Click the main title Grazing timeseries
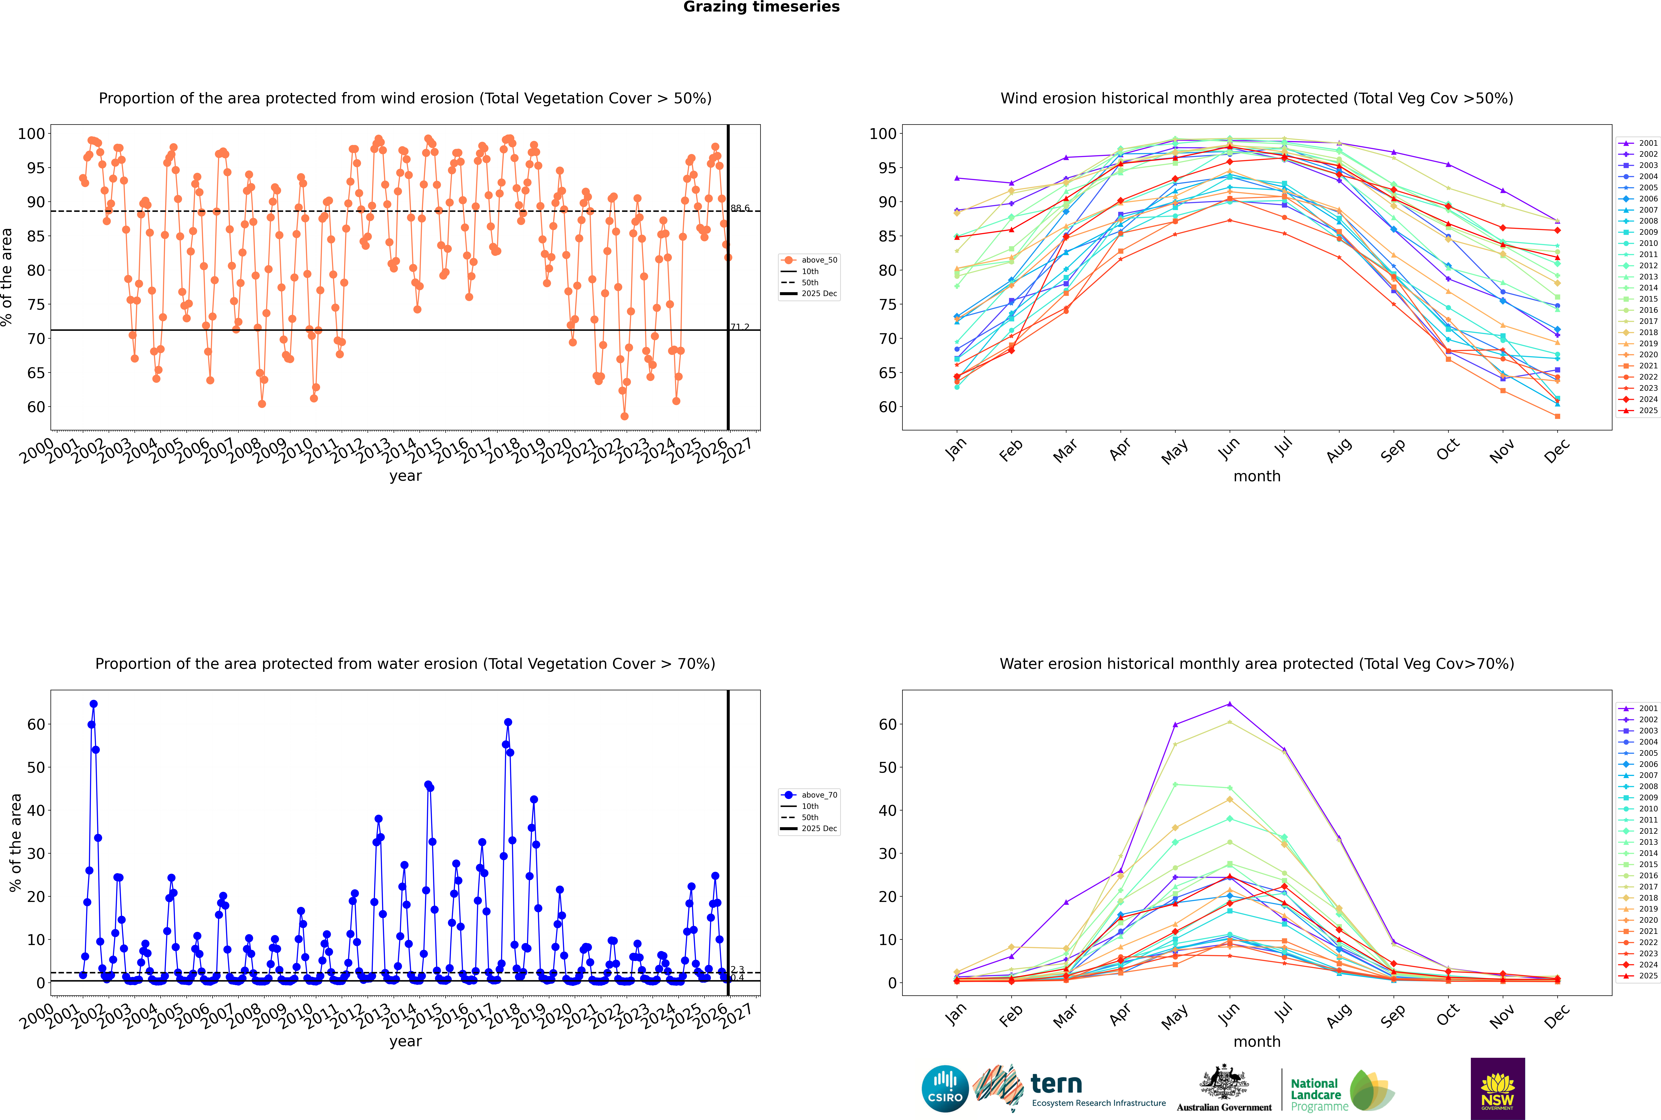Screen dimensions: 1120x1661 pos(761,7)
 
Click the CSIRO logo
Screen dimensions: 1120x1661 pos(945,1089)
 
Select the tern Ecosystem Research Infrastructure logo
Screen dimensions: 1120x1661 pos(1069,1089)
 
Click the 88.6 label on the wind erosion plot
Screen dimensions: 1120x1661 pos(740,208)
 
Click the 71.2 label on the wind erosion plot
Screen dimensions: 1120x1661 pos(740,327)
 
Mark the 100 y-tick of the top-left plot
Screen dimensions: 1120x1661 pos(31,133)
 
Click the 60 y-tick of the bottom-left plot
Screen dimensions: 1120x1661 pos(36,724)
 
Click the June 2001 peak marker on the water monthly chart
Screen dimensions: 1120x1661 pos(1229,704)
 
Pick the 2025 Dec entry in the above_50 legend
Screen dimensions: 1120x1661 pos(818,294)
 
